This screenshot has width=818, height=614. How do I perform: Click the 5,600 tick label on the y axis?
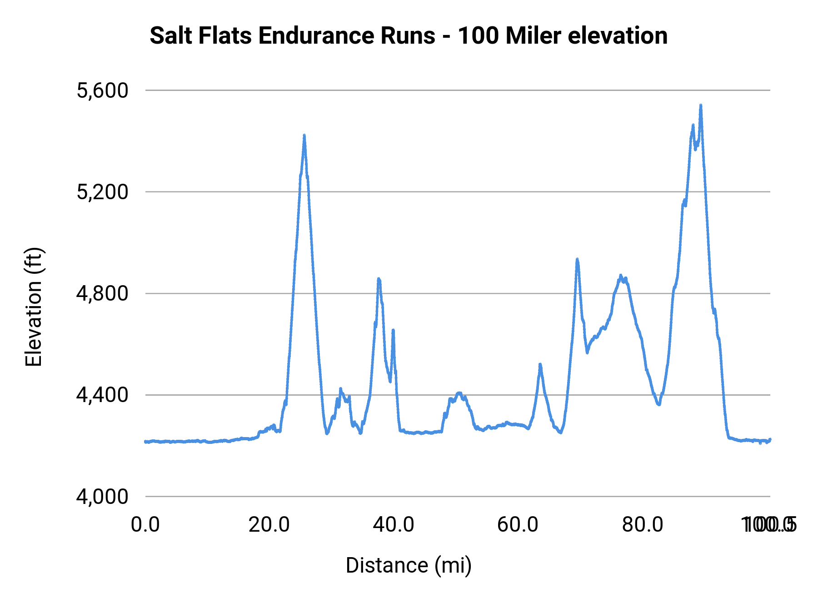tap(103, 91)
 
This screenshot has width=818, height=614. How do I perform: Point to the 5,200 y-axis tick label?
tap(103, 192)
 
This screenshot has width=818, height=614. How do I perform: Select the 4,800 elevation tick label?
tap(103, 294)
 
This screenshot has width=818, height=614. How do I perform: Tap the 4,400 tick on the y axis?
tap(103, 395)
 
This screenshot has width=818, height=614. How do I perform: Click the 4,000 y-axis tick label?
tap(103, 497)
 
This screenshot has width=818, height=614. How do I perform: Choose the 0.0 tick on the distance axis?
tap(145, 524)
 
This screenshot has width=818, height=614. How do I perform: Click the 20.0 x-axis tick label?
tap(269, 524)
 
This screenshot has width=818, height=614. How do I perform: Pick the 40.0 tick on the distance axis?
tap(394, 524)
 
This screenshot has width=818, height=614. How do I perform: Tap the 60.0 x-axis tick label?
tap(518, 524)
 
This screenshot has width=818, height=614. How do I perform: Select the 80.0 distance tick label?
tap(642, 524)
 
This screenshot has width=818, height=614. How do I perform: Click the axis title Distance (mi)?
tap(409, 565)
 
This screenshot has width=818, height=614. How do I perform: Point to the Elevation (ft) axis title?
tap(34, 307)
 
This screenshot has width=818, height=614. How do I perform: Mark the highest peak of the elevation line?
tap(701, 106)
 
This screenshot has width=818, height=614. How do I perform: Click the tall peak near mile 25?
tap(304, 136)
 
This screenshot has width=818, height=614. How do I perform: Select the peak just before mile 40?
tap(379, 279)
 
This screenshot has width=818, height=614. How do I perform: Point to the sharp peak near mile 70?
tap(577, 259)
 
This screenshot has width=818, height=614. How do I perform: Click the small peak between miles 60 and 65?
tap(540, 364)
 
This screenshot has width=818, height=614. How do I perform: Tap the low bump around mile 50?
tap(459, 393)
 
